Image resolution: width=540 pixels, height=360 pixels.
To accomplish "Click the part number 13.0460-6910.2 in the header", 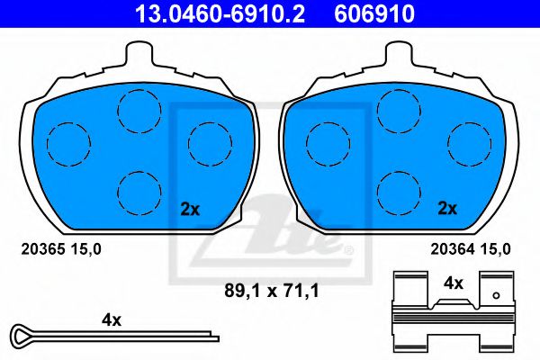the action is pos(220,13).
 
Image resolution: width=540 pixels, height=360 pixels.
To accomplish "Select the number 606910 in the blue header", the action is pos(374,13).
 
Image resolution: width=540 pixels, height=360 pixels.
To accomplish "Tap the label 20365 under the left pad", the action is pos(43,249).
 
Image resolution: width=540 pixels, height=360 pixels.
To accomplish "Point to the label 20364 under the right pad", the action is pos(453,249).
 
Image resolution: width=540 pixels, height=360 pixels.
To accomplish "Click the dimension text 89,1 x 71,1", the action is pos(272,291).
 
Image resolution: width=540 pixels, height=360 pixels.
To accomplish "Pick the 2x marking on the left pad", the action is pos(190,209).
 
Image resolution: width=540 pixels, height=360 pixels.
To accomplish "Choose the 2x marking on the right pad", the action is pos(447,209).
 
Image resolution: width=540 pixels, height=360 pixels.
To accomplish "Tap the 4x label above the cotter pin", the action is pos(112,320).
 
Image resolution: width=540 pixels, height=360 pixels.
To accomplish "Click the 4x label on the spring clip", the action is pos(454,283).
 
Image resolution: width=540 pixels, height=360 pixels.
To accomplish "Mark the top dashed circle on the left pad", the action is pos(139,90).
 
